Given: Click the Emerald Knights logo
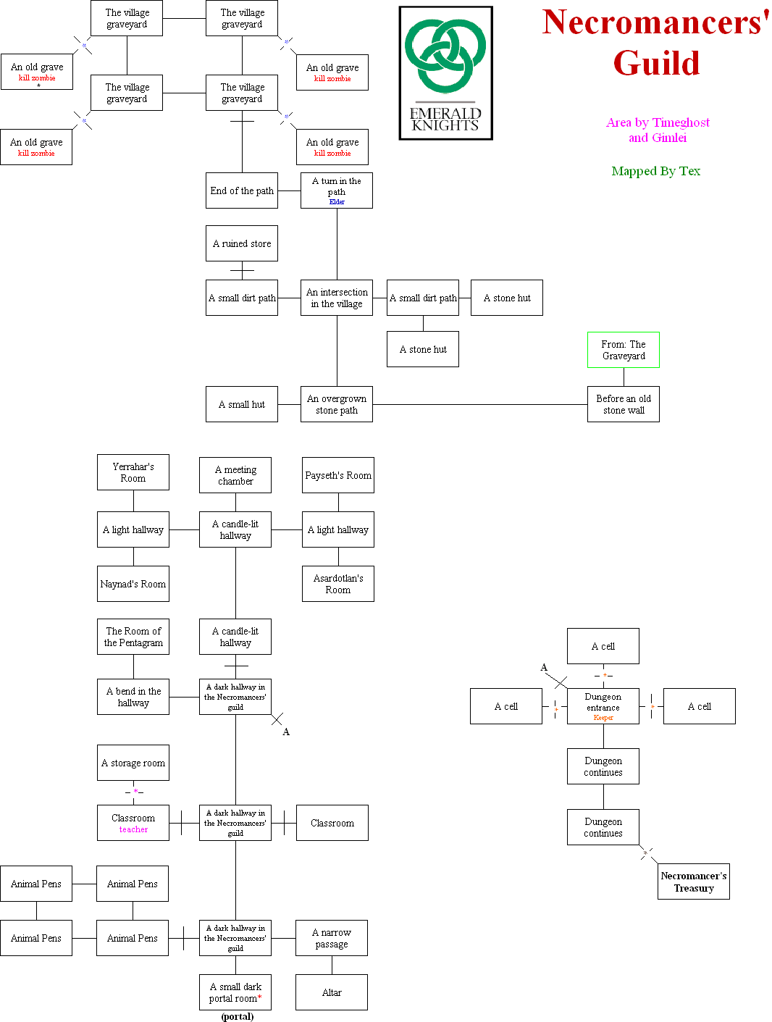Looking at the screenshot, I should click(445, 73).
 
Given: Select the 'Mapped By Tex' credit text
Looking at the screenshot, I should click(655, 171).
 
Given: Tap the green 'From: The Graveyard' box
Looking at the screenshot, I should click(623, 350).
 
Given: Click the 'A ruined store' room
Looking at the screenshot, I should click(242, 243).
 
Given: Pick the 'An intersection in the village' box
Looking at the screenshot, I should click(337, 298).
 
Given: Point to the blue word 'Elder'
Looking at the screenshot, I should click(337, 202).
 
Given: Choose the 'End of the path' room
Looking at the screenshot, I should click(242, 190).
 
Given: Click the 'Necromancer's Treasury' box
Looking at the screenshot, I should click(693, 881).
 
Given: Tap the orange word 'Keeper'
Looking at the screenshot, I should click(603, 718).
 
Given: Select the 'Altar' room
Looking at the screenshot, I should click(332, 992).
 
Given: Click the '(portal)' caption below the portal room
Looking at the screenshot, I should click(238, 1016).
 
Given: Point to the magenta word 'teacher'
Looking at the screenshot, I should click(133, 830).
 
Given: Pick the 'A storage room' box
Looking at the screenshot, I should click(133, 763).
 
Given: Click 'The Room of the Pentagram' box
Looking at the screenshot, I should click(133, 637).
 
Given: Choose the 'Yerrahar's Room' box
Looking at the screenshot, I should click(133, 472).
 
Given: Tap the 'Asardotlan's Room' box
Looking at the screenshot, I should click(338, 584).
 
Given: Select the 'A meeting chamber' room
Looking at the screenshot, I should click(235, 475).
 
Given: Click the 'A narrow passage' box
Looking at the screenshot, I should click(332, 938).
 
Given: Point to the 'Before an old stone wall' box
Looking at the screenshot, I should click(623, 404).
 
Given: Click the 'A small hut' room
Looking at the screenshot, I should click(242, 404).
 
